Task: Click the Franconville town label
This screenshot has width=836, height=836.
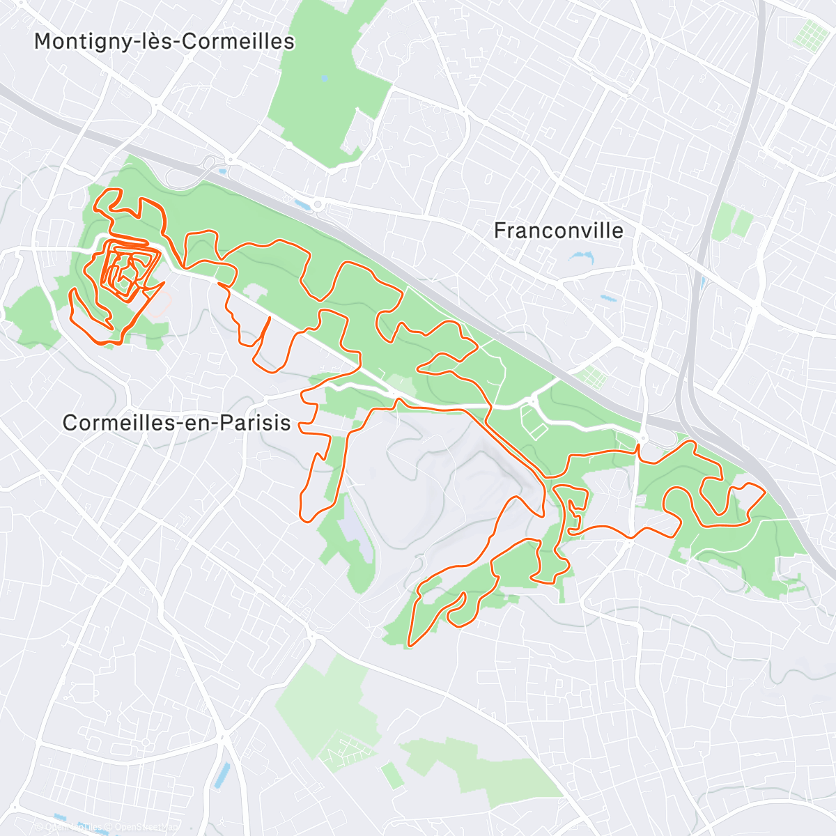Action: click(x=558, y=231)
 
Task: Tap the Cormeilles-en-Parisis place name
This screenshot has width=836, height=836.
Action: click(x=176, y=422)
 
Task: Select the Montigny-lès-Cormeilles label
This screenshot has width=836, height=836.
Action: click(x=164, y=41)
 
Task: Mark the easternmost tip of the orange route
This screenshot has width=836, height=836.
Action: click(x=765, y=492)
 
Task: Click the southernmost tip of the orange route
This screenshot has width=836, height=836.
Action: click(x=409, y=646)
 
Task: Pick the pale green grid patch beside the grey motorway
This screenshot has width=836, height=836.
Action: click(x=592, y=378)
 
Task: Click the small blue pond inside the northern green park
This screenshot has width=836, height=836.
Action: click(x=323, y=79)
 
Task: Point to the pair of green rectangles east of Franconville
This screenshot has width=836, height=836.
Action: click(x=733, y=222)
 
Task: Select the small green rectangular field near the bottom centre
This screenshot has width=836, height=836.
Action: click(x=392, y=775)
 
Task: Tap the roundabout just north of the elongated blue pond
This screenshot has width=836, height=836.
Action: click(x=320, y=204)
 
